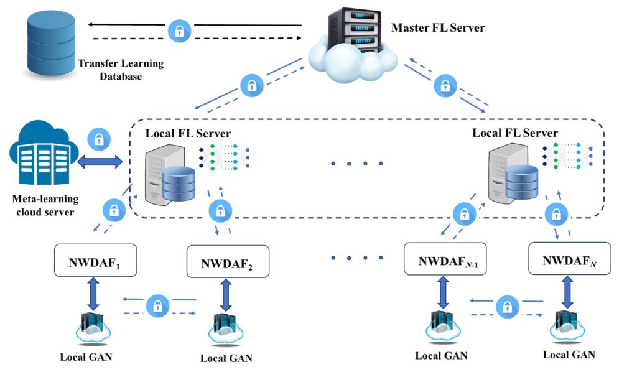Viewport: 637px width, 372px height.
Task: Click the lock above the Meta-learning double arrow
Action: point(99,140)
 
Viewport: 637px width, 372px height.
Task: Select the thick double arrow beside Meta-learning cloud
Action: point(101,163)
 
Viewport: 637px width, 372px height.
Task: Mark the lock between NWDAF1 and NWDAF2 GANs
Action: point(158,305)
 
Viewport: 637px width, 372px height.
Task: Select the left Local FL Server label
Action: point(188,134)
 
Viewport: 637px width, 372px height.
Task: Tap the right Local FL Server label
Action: point(515,133)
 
